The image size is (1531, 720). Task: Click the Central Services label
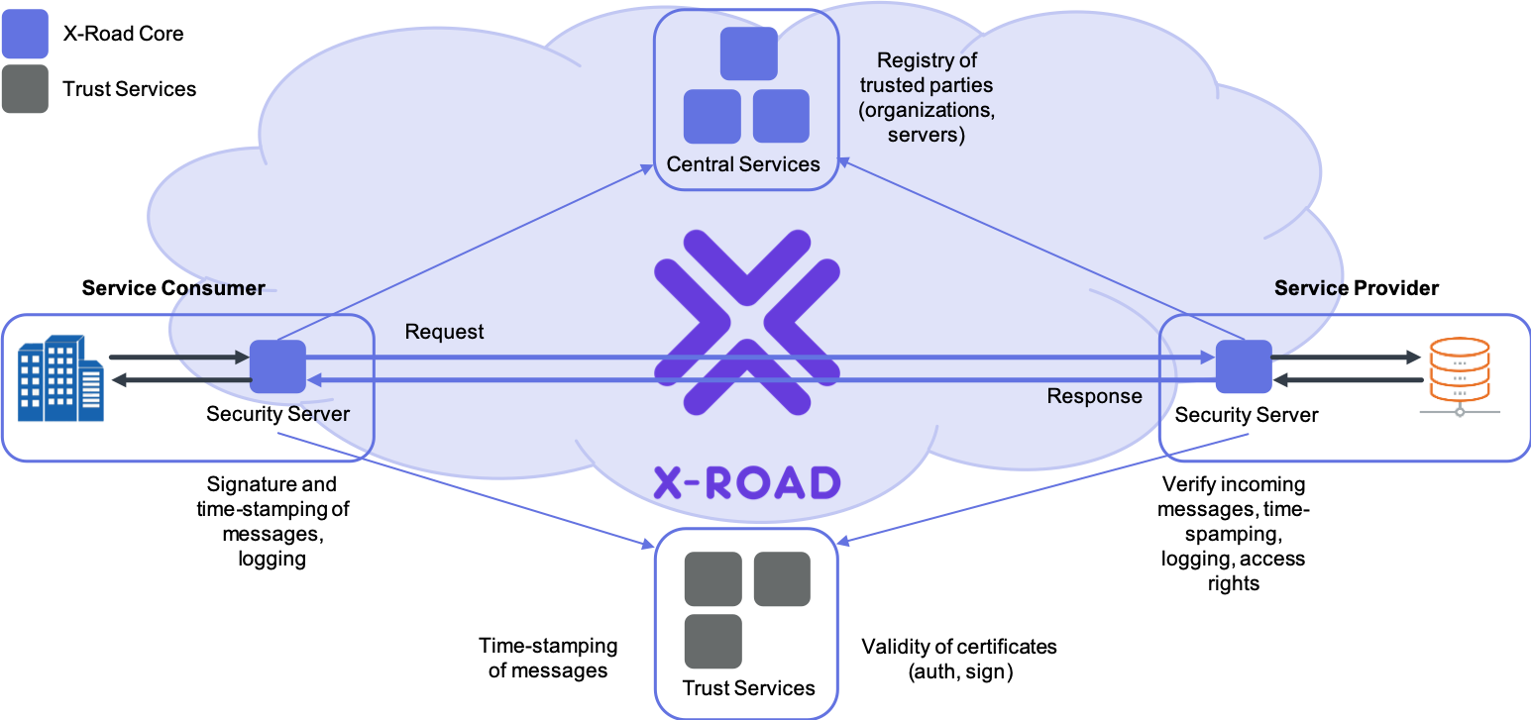743,164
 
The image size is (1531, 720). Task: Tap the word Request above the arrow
444,332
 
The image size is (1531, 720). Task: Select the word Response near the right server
1094,396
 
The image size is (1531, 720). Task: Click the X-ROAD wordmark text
747,482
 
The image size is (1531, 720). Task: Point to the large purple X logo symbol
747,322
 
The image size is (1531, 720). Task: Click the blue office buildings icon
60,378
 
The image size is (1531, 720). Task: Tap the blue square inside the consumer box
277,366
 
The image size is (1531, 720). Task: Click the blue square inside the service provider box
1244,366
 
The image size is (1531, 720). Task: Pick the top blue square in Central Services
748,53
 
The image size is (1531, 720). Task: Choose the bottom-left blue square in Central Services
711,116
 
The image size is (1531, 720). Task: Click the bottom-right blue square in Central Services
781,116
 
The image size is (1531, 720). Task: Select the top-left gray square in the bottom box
712,579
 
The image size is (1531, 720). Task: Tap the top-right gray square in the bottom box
782,579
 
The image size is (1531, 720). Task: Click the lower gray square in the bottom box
712,641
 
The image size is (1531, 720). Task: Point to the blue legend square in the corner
25,34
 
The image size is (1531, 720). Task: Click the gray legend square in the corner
25,89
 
